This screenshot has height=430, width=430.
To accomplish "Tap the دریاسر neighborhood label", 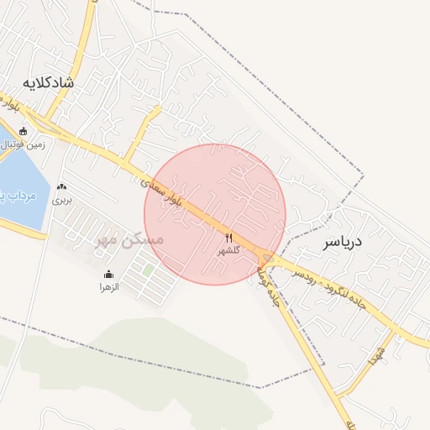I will (x=342, y=243).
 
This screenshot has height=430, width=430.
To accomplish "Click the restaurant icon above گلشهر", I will (x=228, y=238).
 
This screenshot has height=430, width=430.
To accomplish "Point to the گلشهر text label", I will (x=228, y=251).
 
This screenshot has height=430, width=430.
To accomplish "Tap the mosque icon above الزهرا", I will (x=108, y=275).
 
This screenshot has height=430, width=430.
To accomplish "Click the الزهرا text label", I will (x=108, y=287).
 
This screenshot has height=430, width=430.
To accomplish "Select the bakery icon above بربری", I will (x=61, y=187).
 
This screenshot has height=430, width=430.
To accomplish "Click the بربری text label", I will (x=61, y=201).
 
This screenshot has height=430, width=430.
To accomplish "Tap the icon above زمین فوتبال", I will (x=23, y=131).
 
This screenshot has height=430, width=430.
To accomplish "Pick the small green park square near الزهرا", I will (x=149, y=270).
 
